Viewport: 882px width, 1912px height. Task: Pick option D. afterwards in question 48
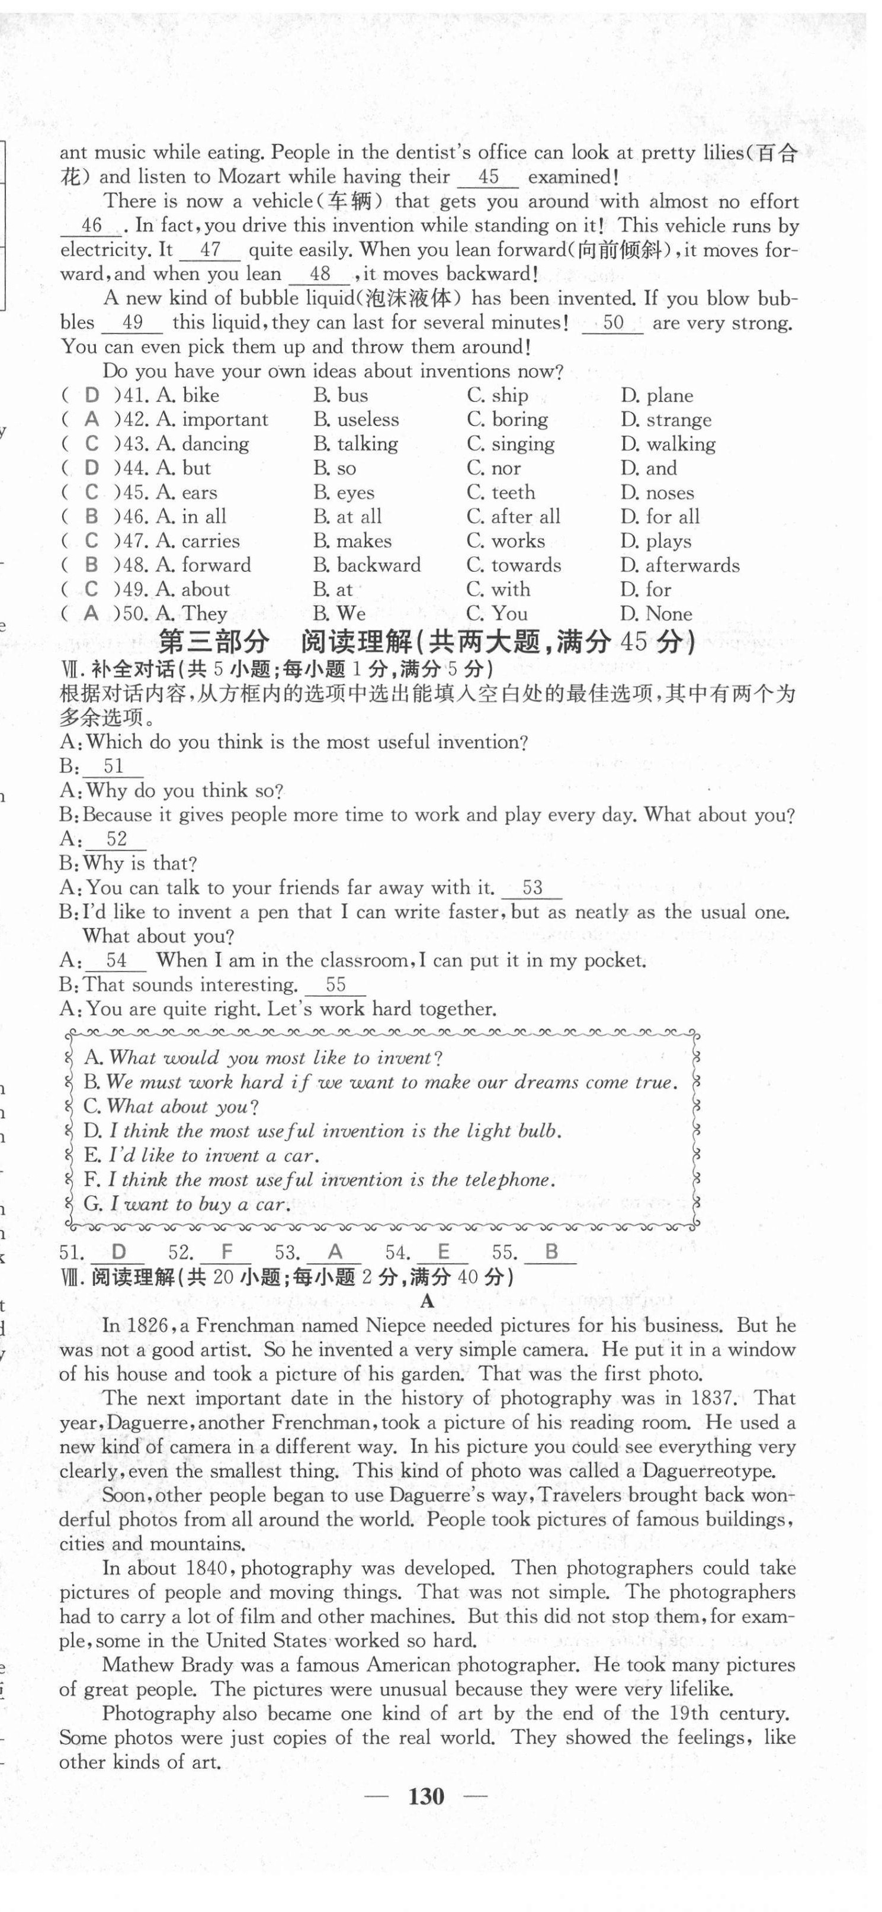pos(680,565)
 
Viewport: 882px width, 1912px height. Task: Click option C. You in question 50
pos(498,614)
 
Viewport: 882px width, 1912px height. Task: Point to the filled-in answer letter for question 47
pos(91,541)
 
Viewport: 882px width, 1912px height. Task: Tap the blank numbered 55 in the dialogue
pos(336,985)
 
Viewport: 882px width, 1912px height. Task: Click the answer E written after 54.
pos(443,1253)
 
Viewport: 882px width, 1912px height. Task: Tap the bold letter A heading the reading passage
pos(427,1301)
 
